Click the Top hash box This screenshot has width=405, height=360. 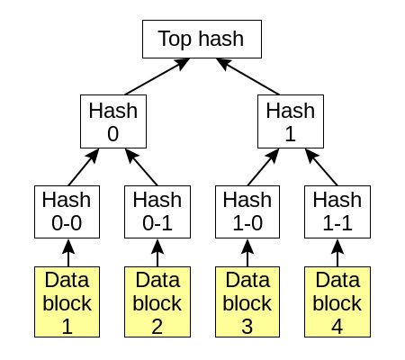[x=202, y=39]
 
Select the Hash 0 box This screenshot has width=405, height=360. [x=113, y=121]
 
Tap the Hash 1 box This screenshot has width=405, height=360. [x=291, y=121]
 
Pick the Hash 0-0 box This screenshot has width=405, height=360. [x=67, y=211]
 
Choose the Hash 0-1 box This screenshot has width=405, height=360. [x=157, y=211]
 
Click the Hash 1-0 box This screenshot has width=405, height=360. [x=247, y=211]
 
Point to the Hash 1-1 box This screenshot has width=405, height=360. [x=337, y=211]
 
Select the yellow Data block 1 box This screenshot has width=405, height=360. [x=67, y=301]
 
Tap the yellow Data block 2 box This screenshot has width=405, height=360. [x=157, y=301]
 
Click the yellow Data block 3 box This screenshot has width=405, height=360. [x=247, y=301]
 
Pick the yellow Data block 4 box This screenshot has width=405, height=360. [x=337, y=301]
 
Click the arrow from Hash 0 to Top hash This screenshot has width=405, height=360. [x=157, y=76]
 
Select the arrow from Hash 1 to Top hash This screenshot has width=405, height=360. [x=247, y=76]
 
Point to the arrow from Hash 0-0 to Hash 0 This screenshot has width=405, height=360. [x=84, y=167]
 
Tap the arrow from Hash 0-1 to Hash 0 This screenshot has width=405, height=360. [x=141, y=167]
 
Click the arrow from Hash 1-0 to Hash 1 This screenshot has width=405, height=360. [x=264, y=167]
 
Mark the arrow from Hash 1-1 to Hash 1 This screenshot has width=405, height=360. [x=321, y=167]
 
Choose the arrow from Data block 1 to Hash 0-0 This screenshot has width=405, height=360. [x=68, y=253]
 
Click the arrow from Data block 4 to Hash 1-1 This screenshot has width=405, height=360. [x=337, y=253]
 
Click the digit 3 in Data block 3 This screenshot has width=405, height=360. [x=247, y=327]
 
